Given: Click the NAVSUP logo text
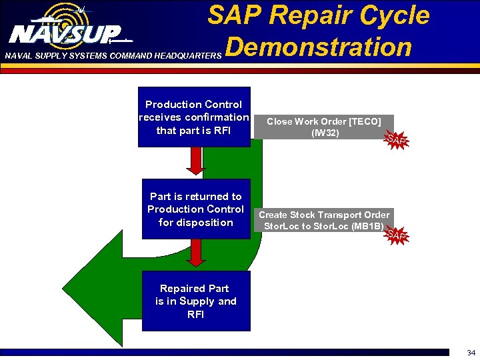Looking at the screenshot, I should pyautogui.click(x=65, y=33).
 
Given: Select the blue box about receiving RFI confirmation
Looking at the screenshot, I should pyautogui.click(x=194, y=117).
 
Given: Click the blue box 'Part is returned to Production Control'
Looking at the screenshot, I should pyautogui.click(x=196, y=209).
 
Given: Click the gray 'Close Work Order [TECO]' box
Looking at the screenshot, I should pyautogui.click(x=323, y=127).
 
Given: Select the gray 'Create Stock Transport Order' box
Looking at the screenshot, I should pyautogui.click(x=324, y=220).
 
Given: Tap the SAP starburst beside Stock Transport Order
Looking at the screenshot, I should pyautogui.click(x=397, y=234).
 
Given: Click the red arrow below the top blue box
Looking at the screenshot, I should pyautogui.click(x=195, y=160).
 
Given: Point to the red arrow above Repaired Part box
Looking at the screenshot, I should pyautogui.click(x=195, y=252).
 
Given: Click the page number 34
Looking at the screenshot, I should pyautogui.click(x=471, y=353).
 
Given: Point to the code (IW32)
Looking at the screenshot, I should pyautogui.click(x=325, y=133).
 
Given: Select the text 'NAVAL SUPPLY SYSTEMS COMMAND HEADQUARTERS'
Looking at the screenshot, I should pyautogui.click(x=111, y=56).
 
